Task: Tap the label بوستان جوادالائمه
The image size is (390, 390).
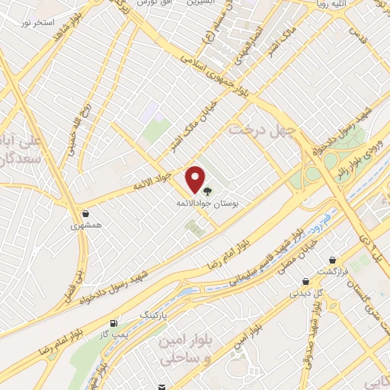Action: pos(200,205)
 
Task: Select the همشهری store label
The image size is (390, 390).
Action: pos(85,225)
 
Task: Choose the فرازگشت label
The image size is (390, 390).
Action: pos(333,271)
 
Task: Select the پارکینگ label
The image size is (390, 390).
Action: pos(149,313)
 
